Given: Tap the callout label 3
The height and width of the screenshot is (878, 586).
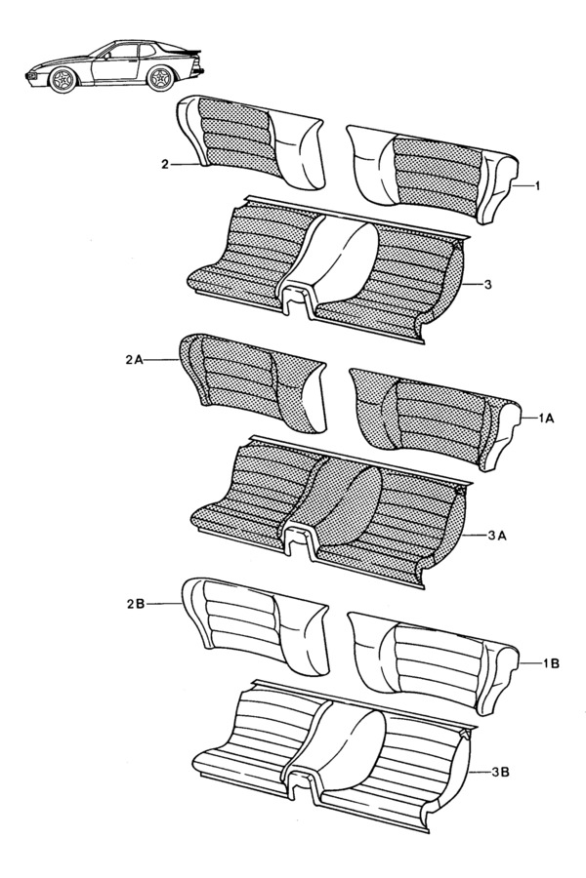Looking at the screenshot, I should coord(488,284).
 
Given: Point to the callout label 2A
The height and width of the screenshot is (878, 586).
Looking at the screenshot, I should coord(135,360).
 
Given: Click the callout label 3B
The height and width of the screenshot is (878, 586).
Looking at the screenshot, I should coord(499,772).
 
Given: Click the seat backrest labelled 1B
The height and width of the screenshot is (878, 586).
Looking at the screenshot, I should coord(430,661).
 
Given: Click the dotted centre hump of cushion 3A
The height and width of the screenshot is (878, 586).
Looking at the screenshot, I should coord(337,498).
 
